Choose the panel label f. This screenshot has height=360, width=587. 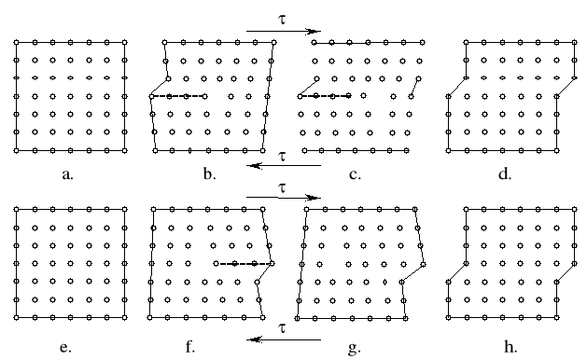(190, 348)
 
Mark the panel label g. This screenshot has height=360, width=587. (353, 348)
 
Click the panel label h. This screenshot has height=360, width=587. (505, 348)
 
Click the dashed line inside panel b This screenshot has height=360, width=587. (178, 96)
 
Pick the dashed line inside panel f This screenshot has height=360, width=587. (243, 264)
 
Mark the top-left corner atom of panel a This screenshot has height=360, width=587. (17, 42)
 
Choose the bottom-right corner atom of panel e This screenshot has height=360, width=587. (124, 317)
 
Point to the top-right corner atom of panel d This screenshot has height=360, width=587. (573, 42)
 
